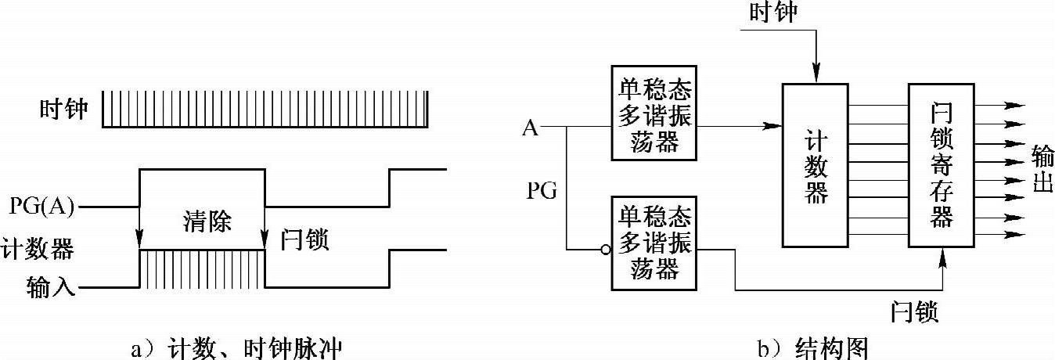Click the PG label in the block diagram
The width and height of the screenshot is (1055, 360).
pyautogui.click(x=542, y=190)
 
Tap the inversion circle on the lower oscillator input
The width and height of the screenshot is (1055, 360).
pyautogui.click(x=605, y=250)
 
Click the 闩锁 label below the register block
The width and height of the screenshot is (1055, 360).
pyautogui.click(x=915, y=313)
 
